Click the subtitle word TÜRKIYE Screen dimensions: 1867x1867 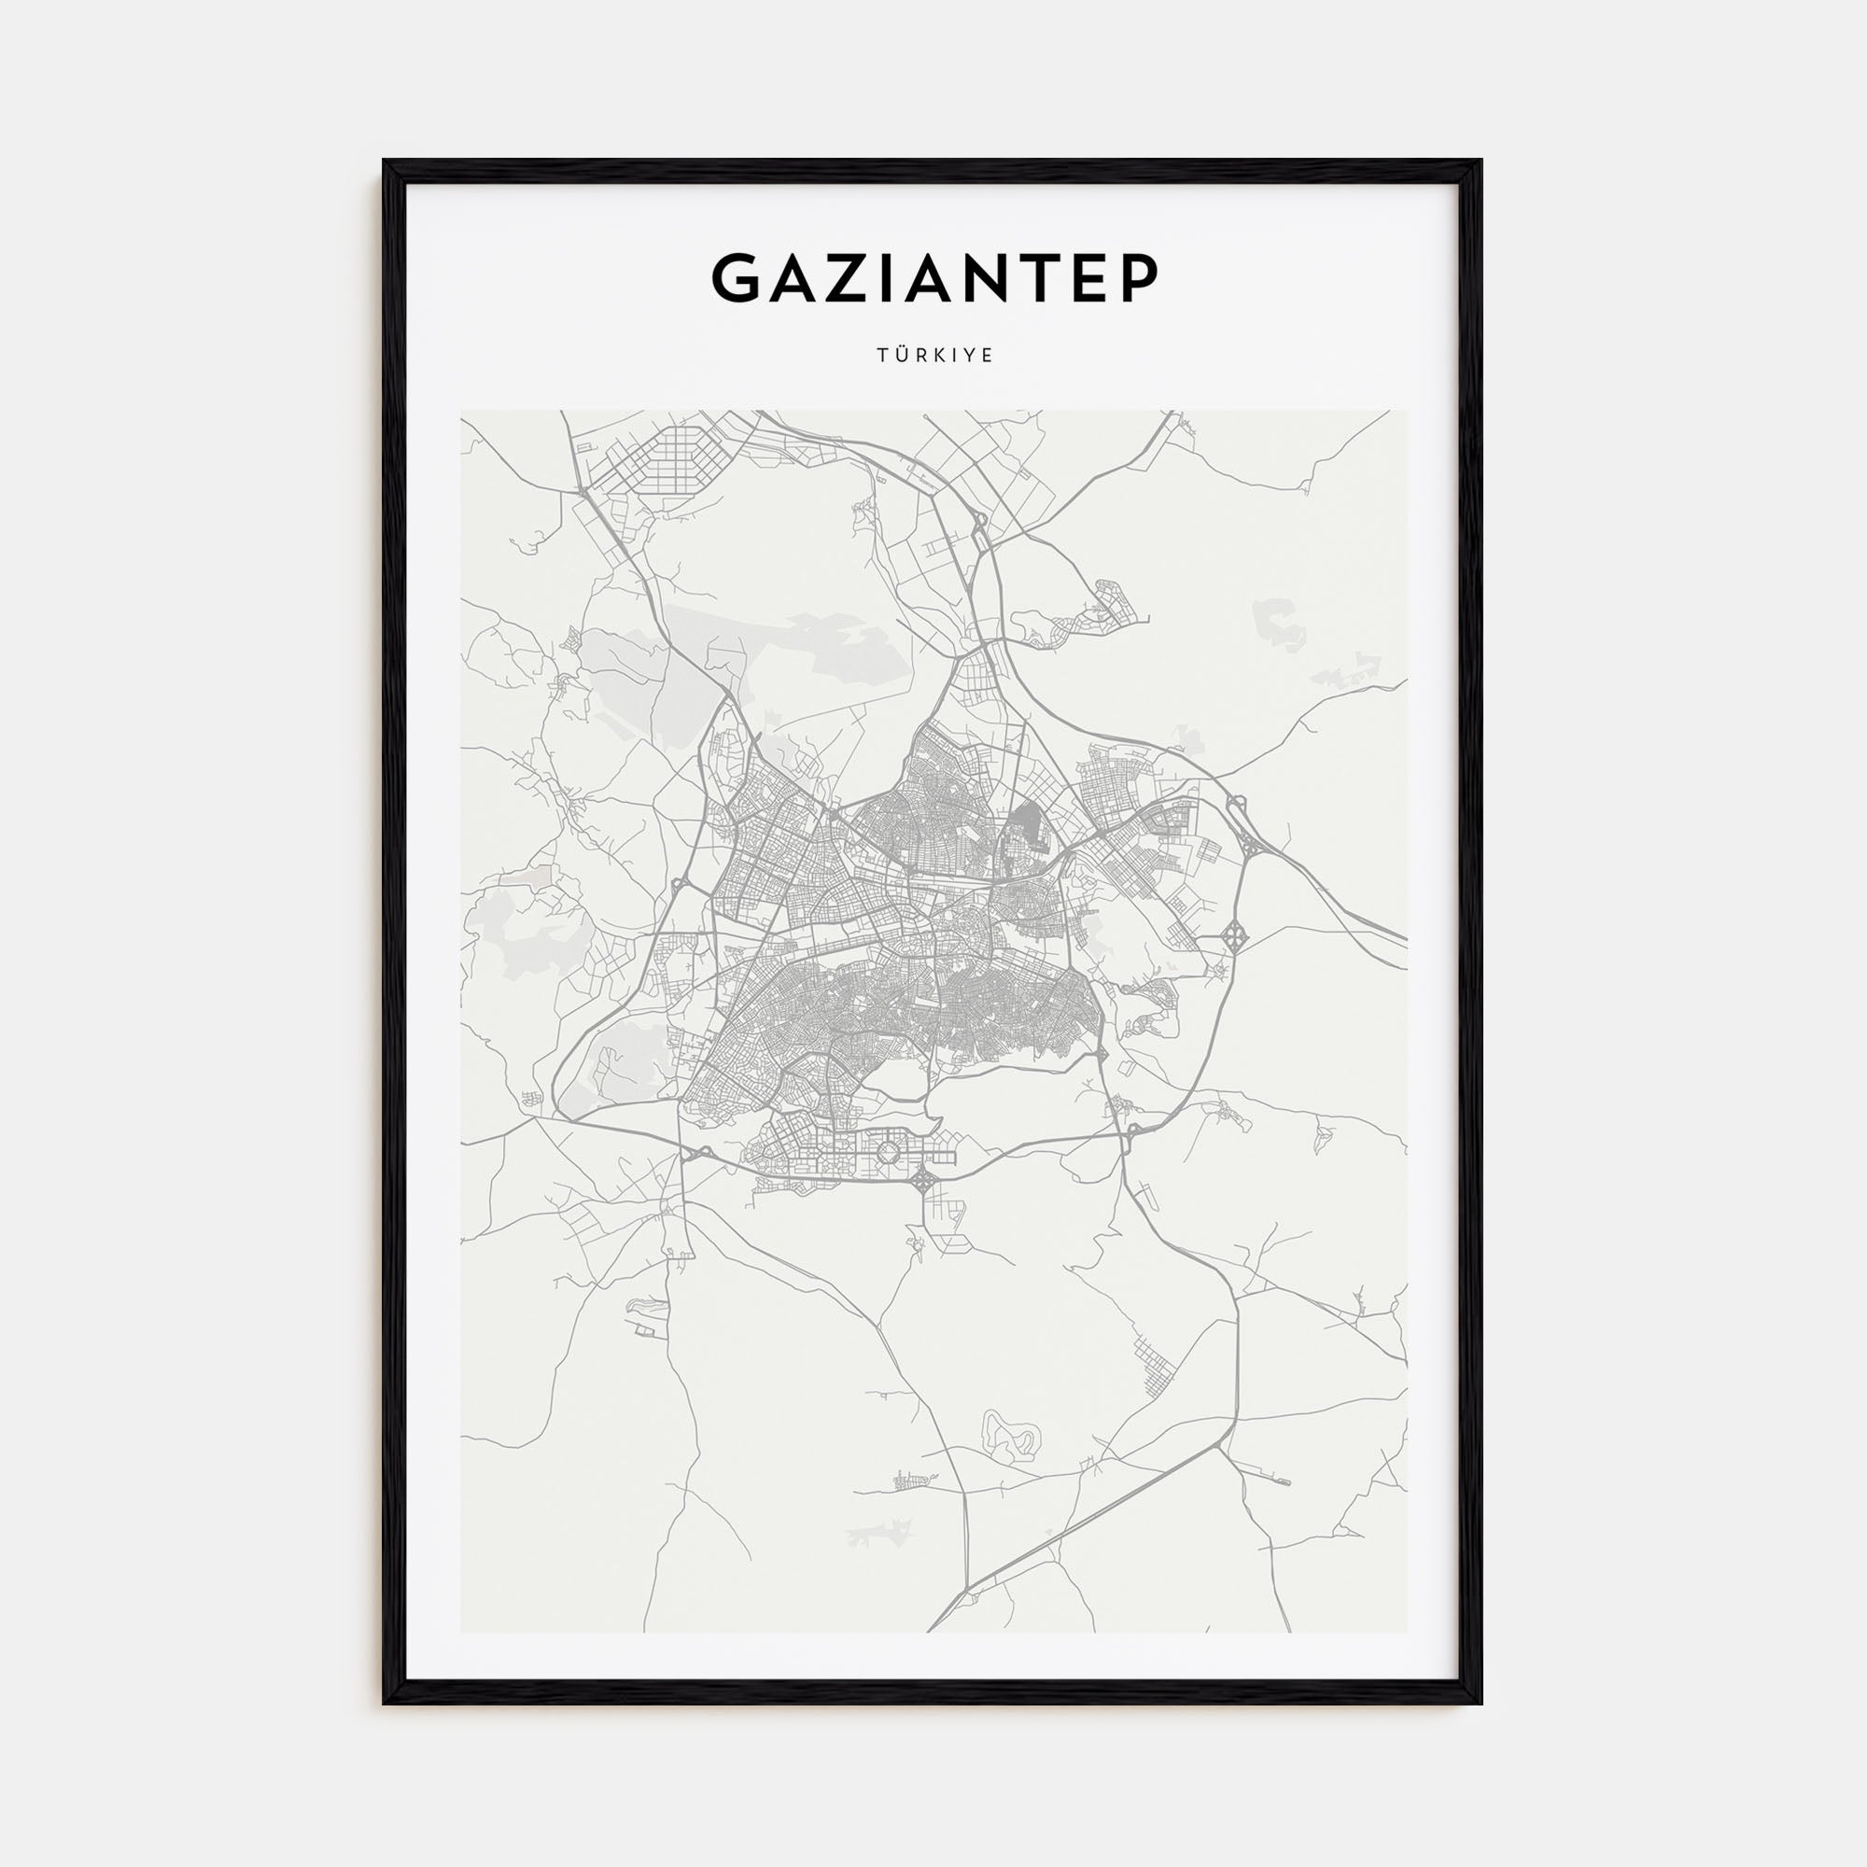934,355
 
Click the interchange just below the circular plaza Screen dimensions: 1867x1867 924,1180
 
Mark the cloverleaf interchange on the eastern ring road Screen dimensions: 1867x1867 1236,935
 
